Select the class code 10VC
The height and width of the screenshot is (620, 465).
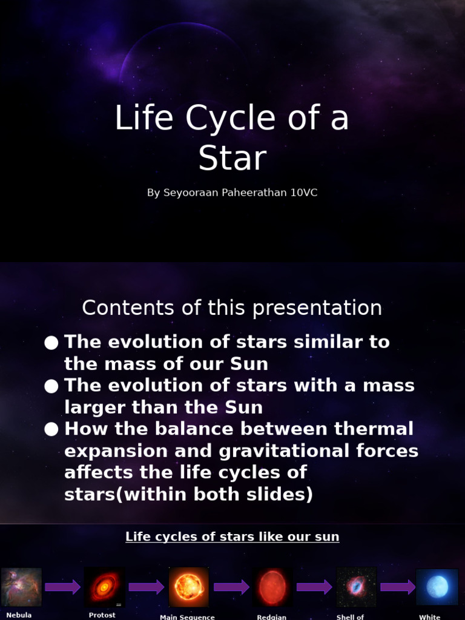pos(303,193)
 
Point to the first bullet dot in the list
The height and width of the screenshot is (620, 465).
pos(51,343)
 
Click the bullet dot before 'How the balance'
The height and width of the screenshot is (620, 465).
pos(51,430)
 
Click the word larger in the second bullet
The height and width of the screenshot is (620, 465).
pos(91,407)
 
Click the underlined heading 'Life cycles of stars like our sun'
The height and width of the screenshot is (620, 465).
pos(232,536)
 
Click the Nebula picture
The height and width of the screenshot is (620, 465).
pos(21,587)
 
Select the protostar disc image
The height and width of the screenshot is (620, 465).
pos(105,587)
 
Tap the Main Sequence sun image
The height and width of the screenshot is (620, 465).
pos(189,587)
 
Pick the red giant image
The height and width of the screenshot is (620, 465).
pos(272,587)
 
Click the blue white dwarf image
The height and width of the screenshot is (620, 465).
pos(437,587)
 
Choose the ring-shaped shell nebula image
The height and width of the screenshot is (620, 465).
pos(356,587)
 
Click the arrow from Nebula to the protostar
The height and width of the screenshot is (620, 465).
pos(63,587)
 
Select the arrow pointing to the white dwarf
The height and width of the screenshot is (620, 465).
pos(397,587)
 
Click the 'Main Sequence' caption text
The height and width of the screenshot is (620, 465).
pos(187,616)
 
